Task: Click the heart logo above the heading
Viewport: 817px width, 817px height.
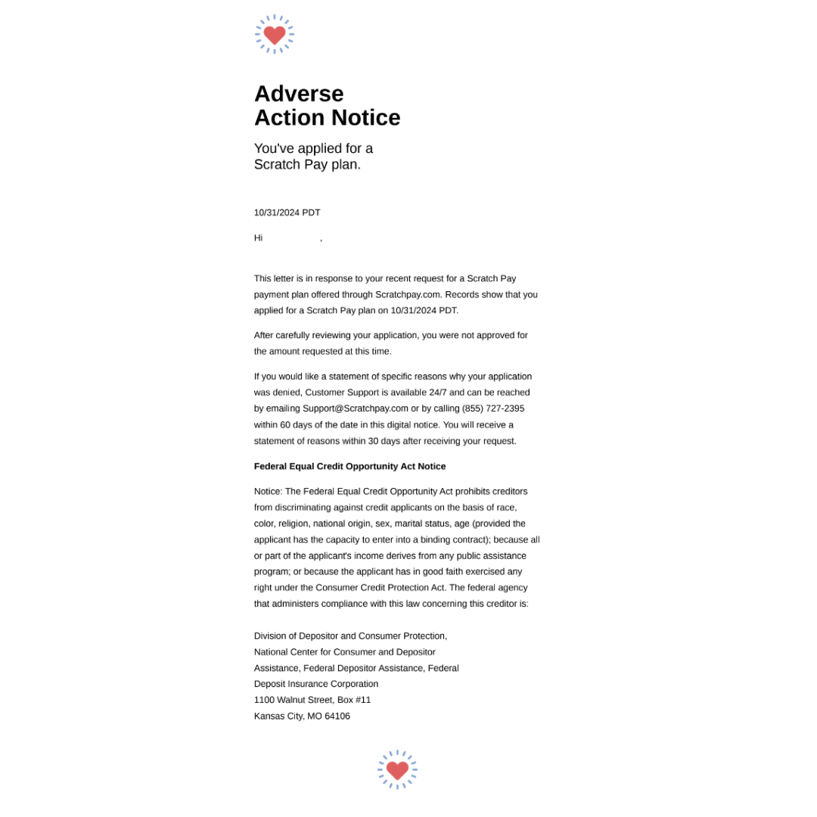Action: [275, 34]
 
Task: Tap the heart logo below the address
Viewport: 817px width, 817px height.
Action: [397, 769]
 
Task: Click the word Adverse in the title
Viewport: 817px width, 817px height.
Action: [299, 93]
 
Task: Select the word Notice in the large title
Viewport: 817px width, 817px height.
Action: [366, 117]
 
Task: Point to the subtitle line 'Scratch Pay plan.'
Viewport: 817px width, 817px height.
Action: [307, 164]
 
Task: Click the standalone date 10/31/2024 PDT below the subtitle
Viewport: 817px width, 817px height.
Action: [287, 213]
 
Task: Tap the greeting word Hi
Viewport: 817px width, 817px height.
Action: [258, 238]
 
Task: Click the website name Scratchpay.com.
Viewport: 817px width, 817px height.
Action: [408, 294]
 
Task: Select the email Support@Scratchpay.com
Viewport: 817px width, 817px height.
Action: [355, 408]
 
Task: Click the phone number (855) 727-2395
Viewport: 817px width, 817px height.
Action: [492, 408]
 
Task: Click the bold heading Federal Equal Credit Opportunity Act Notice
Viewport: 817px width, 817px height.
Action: [349, 466]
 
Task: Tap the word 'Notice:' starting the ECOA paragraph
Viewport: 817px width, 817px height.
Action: [268, 491]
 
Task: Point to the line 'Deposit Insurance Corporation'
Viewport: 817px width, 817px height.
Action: [316, 684]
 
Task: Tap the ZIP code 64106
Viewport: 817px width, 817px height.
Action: [337, 716]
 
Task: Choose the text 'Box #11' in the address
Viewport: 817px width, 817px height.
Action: [354, 700]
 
